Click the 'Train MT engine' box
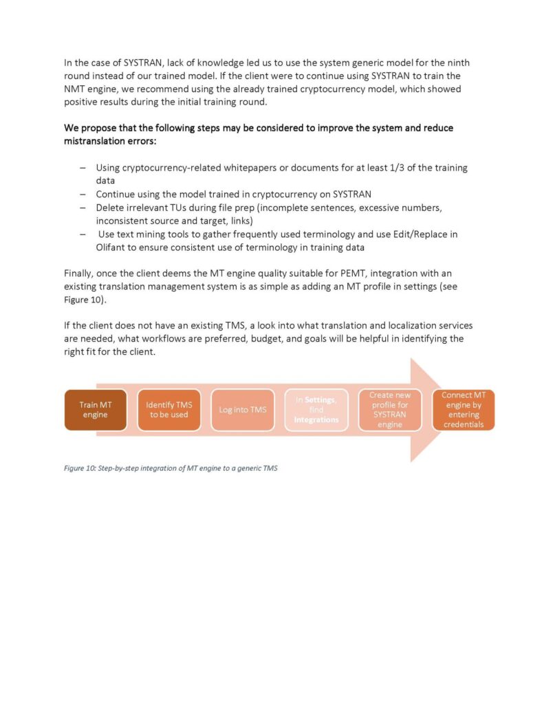coord(96,410)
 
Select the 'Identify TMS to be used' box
coord(168,410)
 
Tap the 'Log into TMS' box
coord(242,410)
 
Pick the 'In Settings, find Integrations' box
coord(316,410)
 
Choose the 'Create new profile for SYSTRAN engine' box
coord(389,410)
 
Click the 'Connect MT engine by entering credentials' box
coord(463,410)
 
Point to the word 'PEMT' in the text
coord(353,274)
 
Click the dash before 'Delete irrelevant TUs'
coord(83,208)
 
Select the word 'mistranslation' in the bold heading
coord(95,141)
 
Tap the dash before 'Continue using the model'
coord(83,194)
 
